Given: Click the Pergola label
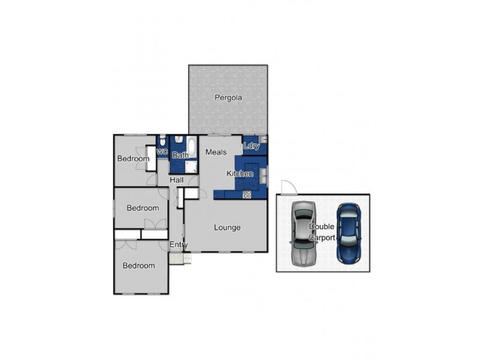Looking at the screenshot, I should (x=228, y=97).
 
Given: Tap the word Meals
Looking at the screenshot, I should (x=216, y=152).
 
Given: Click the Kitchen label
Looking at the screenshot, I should (x=239, y=173).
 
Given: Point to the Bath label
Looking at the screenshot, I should (x=180, y=155).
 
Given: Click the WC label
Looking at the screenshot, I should (x=162, y=152).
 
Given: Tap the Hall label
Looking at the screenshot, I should (x=176, y=180).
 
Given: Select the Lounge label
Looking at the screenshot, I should (x=227, y=227).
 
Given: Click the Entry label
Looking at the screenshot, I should (x=178, y=245).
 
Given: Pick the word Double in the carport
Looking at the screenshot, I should (x=320, y=227).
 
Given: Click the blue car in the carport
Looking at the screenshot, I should (x=348, y=233).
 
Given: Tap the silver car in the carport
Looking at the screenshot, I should (x=304, y=233).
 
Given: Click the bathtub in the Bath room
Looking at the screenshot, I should (x=191, y=148).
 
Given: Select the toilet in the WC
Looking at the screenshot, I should (x=163, y=140).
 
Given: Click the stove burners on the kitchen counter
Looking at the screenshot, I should (x=247, y=194).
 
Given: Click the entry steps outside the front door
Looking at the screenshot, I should (x=178, y=259).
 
